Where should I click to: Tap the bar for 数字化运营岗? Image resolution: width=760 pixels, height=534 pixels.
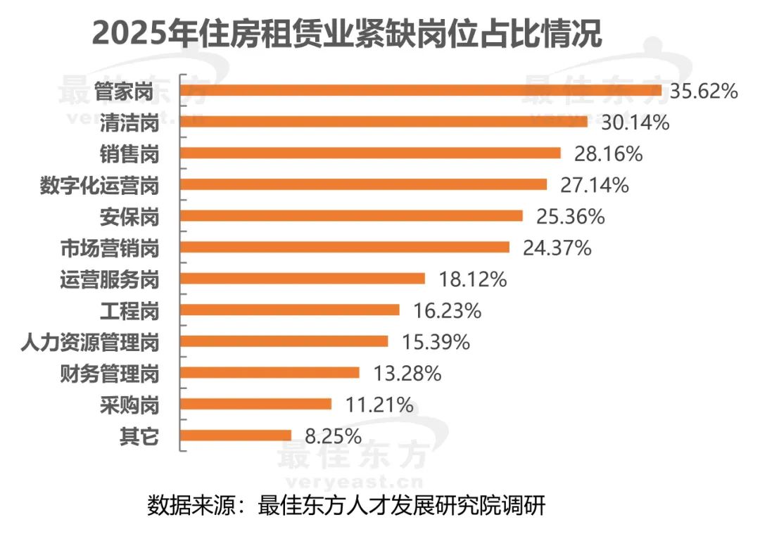tap(364, 184)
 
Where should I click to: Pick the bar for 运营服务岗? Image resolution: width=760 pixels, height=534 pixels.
tap(303, 278)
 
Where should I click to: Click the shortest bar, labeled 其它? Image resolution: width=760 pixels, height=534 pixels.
tap(236, 436)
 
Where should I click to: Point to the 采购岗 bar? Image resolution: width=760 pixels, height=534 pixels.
tap(256, 404)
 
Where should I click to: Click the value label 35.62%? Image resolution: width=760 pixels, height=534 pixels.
tap(703, 91)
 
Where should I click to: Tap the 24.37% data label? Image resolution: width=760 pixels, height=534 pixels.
tap(556, 248)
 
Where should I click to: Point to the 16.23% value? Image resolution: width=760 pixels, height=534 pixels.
tap(446, 310)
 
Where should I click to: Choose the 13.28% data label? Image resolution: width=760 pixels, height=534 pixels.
tap(406, 373)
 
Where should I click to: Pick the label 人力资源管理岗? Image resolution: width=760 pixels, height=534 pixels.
tap(89, 343)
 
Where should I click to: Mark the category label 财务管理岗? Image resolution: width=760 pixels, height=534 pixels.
tap(108, 374)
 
